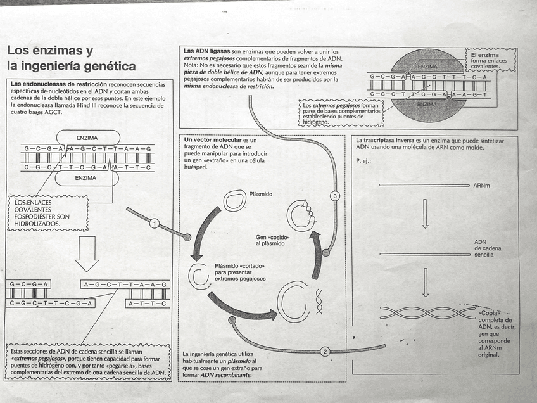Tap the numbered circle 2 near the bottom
pos(325,352)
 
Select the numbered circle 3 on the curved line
pos(336,196)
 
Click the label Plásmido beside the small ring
pos(261,194)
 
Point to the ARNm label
pos(481,186)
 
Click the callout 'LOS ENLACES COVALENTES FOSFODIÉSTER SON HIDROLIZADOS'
pos(42,213)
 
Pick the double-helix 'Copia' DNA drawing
pos(427,312)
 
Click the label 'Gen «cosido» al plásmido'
pos(272,240)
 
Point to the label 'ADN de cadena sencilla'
pos(487,248)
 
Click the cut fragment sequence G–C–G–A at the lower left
pos(28,284)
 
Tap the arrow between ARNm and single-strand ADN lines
pos(425,217)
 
